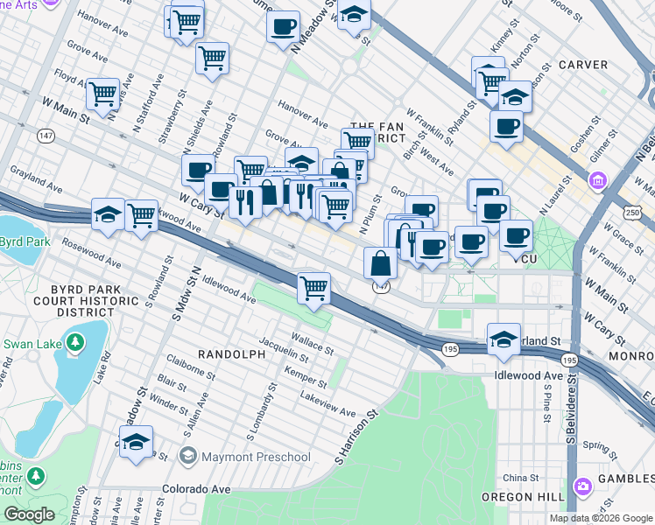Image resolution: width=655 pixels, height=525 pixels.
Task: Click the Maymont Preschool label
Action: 255,457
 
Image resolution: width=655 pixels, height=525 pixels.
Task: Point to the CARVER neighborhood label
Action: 581,65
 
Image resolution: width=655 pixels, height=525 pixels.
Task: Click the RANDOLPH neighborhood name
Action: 231,354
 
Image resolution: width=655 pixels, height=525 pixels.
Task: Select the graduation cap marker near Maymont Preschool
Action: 136,443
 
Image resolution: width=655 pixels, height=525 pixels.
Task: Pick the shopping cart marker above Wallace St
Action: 313,287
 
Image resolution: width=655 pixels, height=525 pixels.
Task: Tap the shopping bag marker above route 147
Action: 381,262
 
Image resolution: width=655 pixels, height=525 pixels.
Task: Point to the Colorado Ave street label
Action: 194,488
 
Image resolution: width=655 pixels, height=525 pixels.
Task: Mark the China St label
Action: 521,478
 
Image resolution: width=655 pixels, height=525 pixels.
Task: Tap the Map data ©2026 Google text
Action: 600,518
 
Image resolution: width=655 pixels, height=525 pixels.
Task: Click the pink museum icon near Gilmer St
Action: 599,182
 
